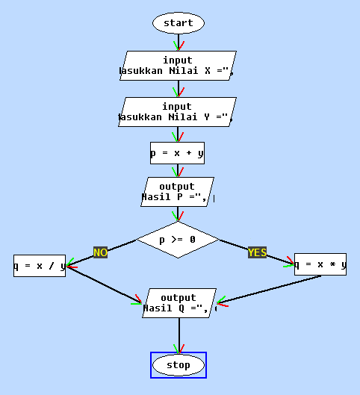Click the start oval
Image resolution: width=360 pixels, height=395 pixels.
(x=179, y=23)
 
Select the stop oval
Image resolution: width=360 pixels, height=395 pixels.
(x=179, y=365)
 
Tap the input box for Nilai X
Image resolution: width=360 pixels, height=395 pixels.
(x=178, y=66)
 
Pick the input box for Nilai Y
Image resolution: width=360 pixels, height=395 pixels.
(x=178, y=111)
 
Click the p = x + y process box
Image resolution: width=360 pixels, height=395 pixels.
(x=177, y=153)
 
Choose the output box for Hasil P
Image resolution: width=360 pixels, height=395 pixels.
(x=178, y=192)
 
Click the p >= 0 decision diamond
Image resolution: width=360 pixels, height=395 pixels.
(x=178, y=240)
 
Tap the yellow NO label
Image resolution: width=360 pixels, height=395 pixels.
(x=100, y=252)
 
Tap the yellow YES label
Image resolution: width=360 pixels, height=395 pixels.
(x=257, y=252)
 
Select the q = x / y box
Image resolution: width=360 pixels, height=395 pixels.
(x=40, y=265)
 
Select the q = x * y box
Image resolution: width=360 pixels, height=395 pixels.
(x=320, y=264)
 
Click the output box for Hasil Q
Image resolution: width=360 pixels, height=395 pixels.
(x=179, y=303)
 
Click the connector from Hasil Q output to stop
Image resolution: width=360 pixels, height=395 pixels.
(x=179, y=335)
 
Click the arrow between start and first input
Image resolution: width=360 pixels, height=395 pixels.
(x=179, y=42)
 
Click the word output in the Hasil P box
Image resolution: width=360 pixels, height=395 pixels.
(x=178, y=187)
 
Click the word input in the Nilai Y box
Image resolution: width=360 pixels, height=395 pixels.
(x=177, y=107)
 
